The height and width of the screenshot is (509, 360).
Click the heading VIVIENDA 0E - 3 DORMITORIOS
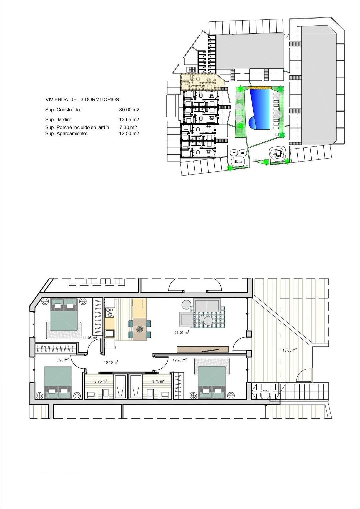(82, 99)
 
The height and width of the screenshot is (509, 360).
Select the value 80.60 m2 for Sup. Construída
(129, 110)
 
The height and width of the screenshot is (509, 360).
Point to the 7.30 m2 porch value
(128, 127)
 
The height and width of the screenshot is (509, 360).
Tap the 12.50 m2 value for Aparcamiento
(129, 133)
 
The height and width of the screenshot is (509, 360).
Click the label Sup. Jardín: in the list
(58, 119)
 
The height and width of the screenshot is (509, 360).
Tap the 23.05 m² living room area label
(182, 332)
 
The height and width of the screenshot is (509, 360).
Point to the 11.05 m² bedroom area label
(90, 338)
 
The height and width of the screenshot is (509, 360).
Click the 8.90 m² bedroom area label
(62, 360)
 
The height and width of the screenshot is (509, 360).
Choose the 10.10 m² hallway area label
(111, 362)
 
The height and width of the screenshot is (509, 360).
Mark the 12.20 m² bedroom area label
(179, 360)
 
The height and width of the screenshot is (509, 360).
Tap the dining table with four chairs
(140, 328)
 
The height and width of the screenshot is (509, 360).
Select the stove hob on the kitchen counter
(110, 313)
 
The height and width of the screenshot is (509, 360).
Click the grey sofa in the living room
(207, 305)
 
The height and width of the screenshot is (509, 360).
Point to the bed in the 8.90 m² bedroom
(58, 382)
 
